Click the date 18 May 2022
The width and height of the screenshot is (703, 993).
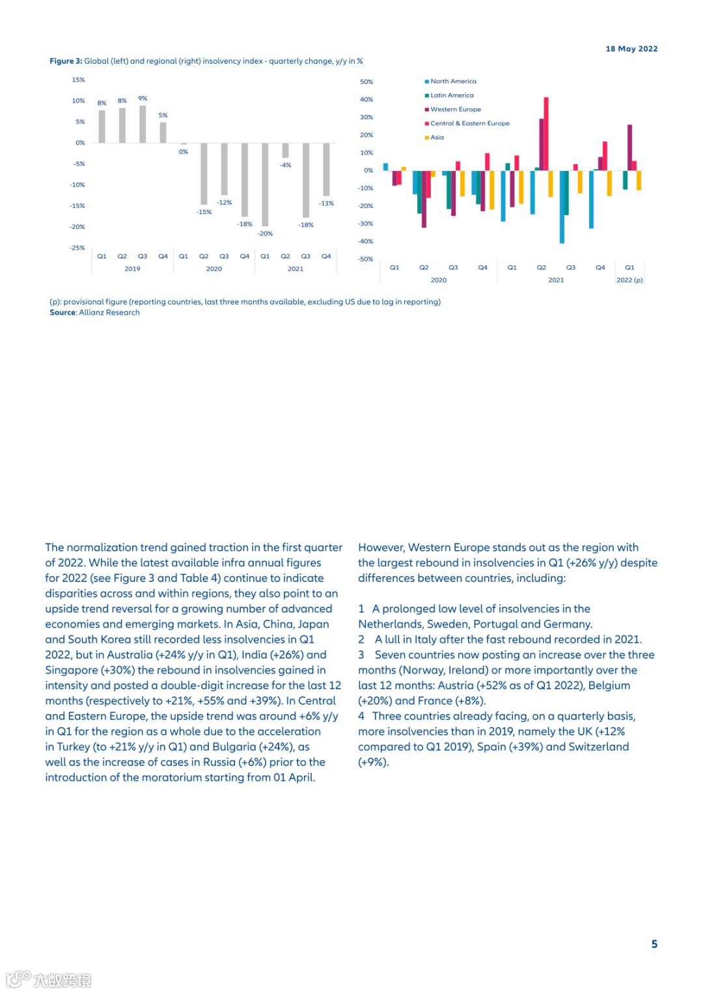631,49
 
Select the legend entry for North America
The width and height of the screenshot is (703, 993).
453,81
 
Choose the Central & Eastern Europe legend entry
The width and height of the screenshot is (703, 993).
469,123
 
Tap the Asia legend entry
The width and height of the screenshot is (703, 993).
437,137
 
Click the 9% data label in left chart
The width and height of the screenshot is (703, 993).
143,98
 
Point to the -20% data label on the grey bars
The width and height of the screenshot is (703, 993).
265,233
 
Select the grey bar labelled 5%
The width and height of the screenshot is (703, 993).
163,132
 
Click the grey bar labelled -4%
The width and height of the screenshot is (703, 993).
285,150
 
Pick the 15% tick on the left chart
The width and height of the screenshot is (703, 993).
78,80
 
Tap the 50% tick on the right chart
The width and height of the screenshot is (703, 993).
366,82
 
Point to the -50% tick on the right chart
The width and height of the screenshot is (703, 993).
366,259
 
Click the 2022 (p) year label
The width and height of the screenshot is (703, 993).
629,280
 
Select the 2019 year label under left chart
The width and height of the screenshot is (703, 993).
132,269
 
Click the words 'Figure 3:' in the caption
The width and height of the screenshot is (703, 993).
66,61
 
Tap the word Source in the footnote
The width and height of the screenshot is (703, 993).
62,313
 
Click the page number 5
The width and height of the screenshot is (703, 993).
654,944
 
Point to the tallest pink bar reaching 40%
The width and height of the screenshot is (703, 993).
546,133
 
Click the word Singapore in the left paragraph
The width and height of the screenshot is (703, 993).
71,670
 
